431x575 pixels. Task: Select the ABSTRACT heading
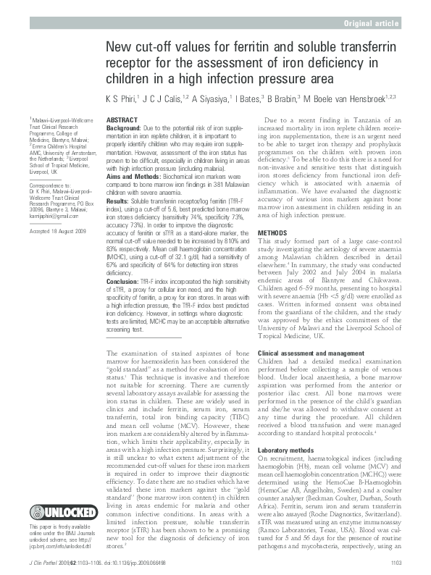120,118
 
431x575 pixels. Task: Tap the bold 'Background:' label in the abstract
124,127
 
